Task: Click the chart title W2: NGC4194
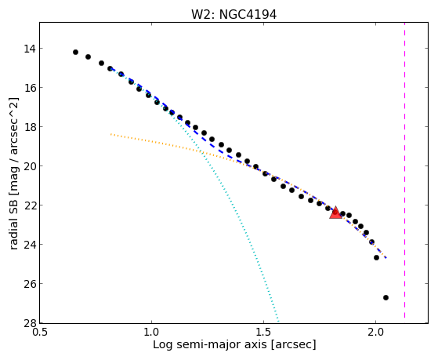[233, 15]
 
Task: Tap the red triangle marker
[335, 213]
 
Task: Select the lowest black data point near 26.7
[386, 297]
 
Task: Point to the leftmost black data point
[75, 52]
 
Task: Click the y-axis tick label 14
[30, 49]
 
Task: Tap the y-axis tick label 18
[30, 127]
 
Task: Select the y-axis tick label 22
[30, 205]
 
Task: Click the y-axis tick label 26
[30, 284]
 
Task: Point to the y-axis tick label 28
[30, 323]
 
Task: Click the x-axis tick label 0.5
[40, 333]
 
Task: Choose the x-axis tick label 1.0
[151, 333]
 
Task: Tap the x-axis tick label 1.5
[264, 333]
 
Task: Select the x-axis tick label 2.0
[375, 333]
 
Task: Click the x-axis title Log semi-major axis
[210, 344]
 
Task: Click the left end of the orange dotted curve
[111, 134]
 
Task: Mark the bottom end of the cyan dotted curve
[278, 322]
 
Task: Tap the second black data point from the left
[88, 56]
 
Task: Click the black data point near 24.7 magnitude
[377, 257]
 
